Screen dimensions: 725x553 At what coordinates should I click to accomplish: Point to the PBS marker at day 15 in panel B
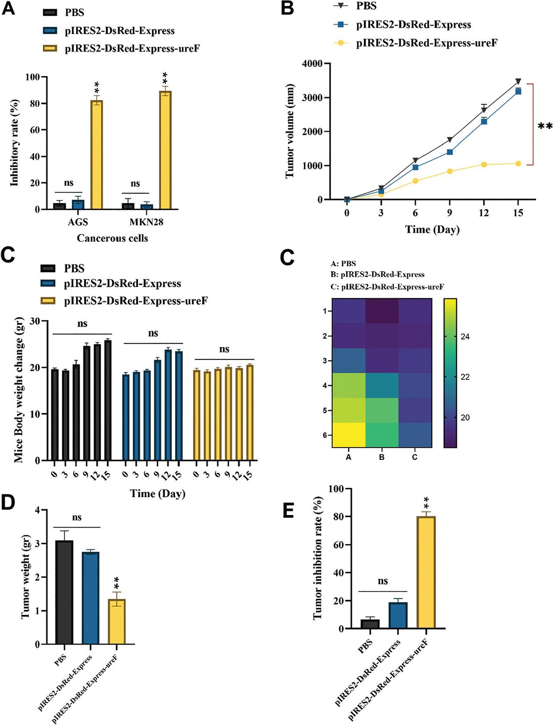coord(518,82)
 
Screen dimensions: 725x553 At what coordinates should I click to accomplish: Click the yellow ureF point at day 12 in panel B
coord(484,165)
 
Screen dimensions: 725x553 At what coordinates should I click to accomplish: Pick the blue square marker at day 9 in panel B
coord(450,152)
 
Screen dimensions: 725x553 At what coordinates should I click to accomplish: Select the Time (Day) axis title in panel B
coord(432,229)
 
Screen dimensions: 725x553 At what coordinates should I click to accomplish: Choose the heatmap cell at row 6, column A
coord(348,435)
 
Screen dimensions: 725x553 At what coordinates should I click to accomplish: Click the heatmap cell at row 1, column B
coord(381,311)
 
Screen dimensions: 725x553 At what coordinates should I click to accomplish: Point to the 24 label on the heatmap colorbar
coord(467,337)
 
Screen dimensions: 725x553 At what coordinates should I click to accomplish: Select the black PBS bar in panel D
coord(64,592)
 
